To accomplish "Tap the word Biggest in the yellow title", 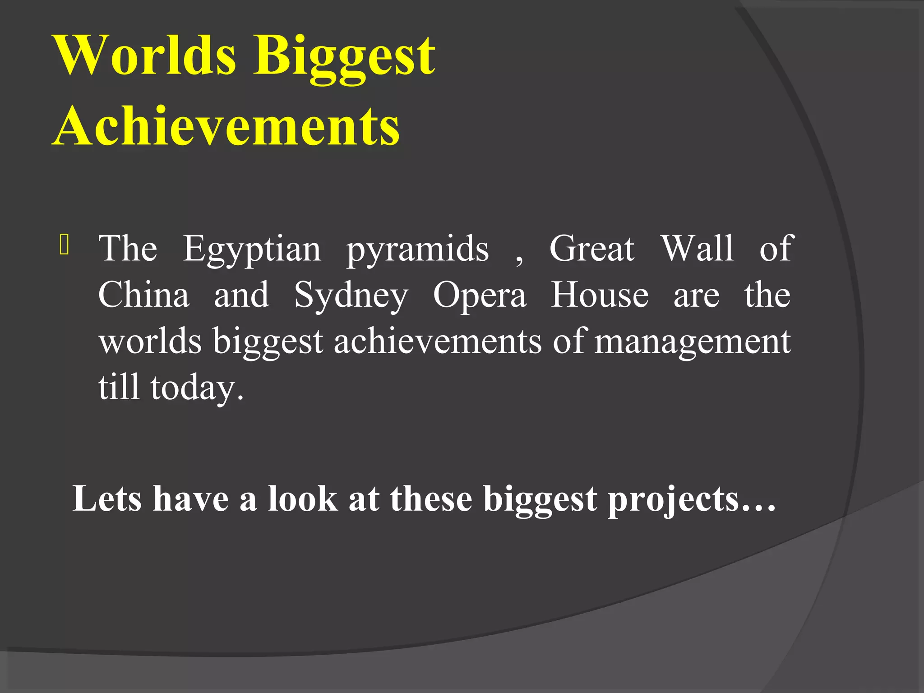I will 345,59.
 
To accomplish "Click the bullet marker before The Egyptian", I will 64,245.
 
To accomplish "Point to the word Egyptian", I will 252,249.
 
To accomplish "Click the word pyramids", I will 417,249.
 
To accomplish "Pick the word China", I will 143,295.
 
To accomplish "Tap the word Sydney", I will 351,296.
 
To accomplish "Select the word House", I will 600,295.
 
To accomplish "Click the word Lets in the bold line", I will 107,499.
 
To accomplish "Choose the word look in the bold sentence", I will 303,499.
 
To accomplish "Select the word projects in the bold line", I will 674,501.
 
